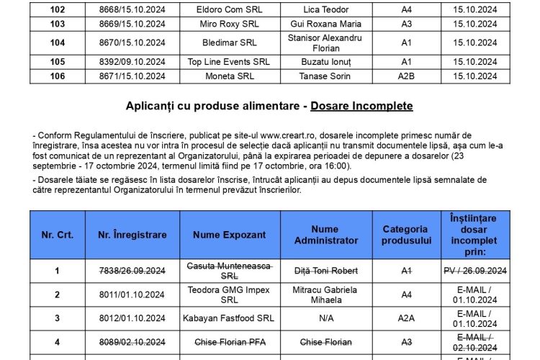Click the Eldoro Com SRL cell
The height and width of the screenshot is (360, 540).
click(228, 10)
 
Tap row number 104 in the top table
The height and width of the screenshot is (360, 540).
click(58, 42)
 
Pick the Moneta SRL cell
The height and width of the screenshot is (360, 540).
click(228, 76)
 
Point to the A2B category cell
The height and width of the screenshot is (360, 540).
click(406, 76)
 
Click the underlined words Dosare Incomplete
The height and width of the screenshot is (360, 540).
click(361, 106)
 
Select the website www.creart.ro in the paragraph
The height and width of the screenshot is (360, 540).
click(290, 135)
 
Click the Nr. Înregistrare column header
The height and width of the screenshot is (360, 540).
click(132, 235)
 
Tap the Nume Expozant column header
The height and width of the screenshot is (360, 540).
click(228, 235)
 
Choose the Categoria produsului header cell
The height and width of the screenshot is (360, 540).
click(406, 235)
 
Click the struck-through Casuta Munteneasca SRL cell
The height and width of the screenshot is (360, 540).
click(228, 271)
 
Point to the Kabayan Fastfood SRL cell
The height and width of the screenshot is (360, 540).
click(228, 319)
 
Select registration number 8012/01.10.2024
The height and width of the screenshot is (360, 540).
click(132, 319)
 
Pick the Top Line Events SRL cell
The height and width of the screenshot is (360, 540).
click(228, 62)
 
